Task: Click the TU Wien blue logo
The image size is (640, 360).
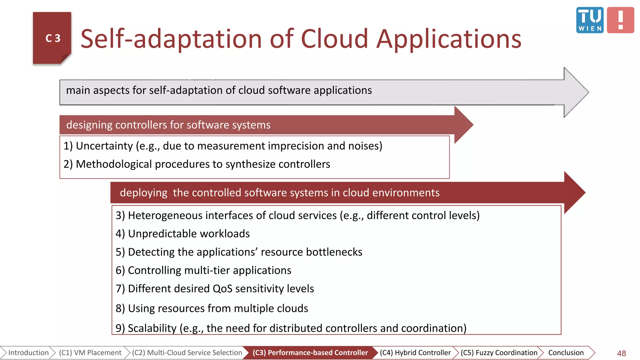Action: click(589, 20)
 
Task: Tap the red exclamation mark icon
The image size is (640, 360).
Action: click(620, 20)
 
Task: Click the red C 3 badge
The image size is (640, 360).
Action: click(52, 38)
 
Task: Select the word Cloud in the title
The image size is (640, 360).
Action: click(334, 39)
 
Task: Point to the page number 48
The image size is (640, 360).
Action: click(621, 353)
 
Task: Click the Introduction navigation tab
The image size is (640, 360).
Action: click(28, 352)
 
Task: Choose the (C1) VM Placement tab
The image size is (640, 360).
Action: click(90, 352)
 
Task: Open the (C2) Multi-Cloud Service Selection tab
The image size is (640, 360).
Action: click(187, 352)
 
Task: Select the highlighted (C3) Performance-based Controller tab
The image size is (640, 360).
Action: click(310, 352)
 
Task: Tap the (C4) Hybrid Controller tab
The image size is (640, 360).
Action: click(415, 352)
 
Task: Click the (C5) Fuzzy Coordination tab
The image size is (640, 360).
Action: click(499, 352)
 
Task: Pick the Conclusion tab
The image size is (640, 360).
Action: click(566, 352)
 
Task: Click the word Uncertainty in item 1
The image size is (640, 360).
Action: click(104, 146)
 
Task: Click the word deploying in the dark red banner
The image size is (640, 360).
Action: click(143, 193)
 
